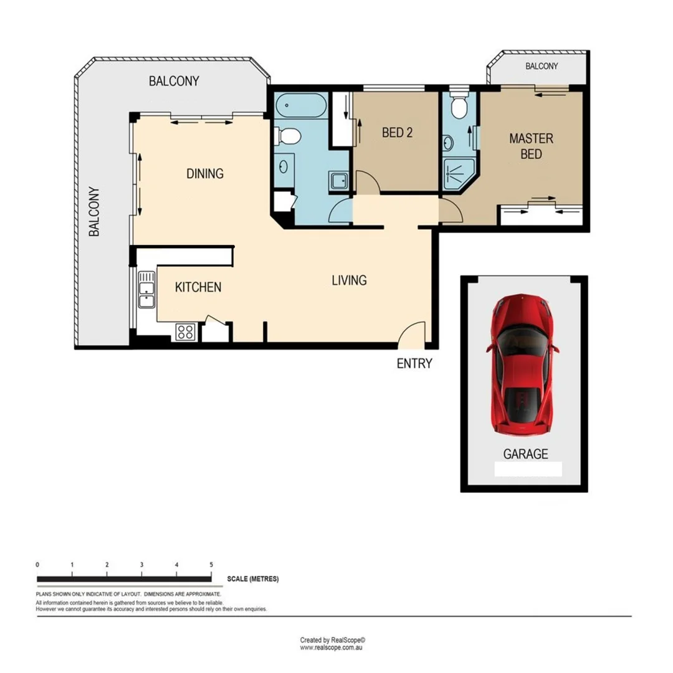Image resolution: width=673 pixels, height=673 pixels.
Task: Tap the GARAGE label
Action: tap(525, 454)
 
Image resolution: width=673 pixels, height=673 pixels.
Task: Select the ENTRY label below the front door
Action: tap(414, 363)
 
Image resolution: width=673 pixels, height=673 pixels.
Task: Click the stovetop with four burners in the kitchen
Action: tap(186, 331)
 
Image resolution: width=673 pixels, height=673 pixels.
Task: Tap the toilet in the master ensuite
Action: tap(459, 107)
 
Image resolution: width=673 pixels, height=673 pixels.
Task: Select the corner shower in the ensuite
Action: tap(458, 173)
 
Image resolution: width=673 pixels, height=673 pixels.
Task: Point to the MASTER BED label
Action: tap(531, 146)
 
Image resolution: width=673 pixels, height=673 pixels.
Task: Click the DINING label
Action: tap(205, 174)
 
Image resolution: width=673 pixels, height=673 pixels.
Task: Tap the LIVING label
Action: tap(349, 280)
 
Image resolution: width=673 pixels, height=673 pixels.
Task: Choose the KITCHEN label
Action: tap(198, 287)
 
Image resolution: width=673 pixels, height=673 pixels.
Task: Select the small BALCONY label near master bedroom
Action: tap(541, 66)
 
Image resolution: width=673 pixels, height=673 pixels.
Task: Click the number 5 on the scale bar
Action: tap(211, 565)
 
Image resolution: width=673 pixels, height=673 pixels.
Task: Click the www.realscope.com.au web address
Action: tap(332, 647)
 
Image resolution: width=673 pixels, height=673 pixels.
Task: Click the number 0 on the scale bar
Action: tap(38, 565)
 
